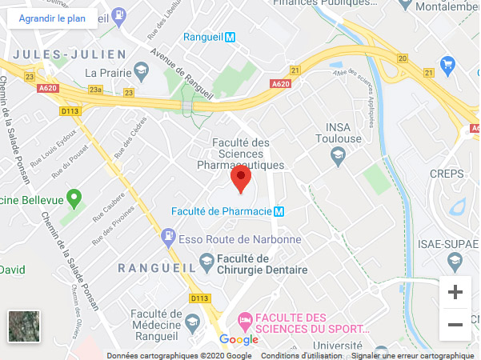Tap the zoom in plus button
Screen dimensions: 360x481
[x=455, y=293]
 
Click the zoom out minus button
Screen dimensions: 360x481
[x=455, y=324]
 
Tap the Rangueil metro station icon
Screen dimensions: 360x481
[x=230, y=37]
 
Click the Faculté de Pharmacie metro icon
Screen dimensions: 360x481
[x=279, y=212]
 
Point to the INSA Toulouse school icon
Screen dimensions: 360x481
[x=338, y=158]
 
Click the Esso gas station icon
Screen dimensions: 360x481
[x=168, y=237]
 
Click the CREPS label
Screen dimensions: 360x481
[x=447, y=174]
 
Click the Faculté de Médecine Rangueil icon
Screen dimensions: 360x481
[x=192, y=322]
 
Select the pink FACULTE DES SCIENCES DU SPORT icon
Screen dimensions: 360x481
[x=245, y=321]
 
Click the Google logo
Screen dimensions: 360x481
[x=238, y=340]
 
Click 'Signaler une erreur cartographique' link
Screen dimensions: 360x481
[x=413, y=356]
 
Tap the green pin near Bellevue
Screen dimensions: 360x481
[x=74, y=197]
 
